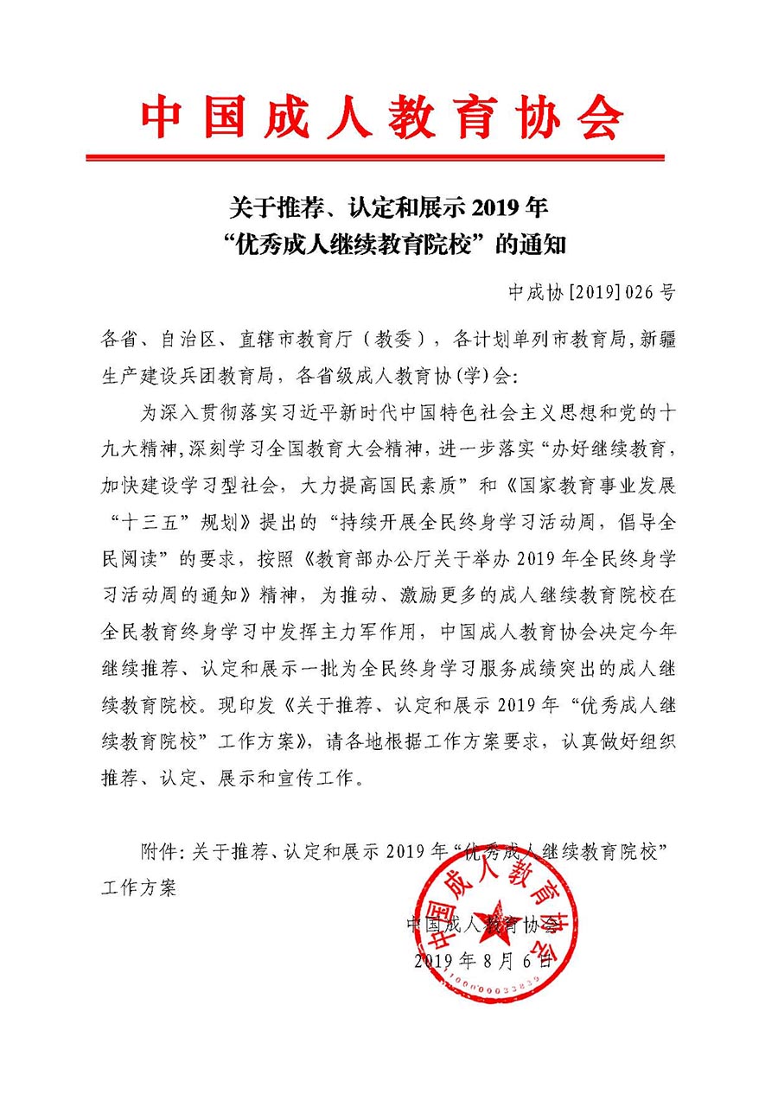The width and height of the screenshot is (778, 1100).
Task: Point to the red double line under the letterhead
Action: pos(375,157)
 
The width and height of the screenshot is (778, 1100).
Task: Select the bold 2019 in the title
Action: pos(493,208)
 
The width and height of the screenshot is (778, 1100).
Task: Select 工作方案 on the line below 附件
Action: pos(138,887)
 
